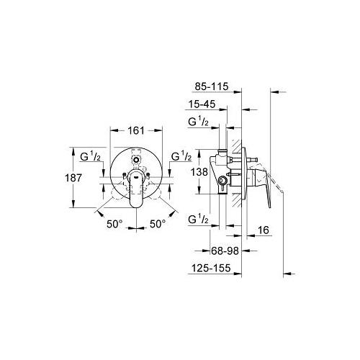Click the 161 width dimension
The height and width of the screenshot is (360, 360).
[136, 130]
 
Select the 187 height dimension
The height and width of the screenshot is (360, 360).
[73, 178]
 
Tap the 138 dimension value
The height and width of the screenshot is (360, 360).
[199, 172]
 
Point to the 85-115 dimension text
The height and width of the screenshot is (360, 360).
[212, 86]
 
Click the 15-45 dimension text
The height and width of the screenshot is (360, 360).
[202, 104]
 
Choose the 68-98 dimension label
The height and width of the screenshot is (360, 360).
[225, 251]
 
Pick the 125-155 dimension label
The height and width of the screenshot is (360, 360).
[211, 268]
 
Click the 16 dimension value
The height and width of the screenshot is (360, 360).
[264, 230]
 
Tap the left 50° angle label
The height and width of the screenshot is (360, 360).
[114, 224]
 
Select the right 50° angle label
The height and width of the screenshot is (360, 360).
[158, 224]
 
